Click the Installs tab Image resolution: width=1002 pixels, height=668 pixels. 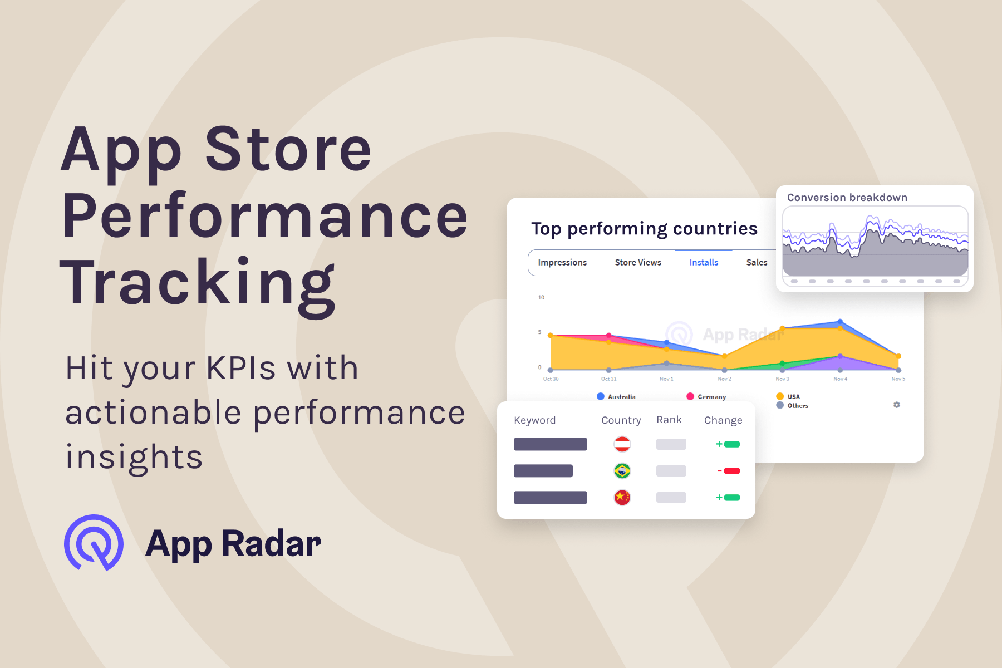(x=704, y=262)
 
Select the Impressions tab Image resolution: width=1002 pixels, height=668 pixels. (x=562, y=262)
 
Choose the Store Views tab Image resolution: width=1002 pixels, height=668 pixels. (x=638, y=262)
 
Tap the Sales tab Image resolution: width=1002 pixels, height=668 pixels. (x=757, y=262)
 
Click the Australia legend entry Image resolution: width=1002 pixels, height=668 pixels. (x=616, y=397)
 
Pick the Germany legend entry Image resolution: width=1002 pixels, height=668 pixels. (x=706, y=397)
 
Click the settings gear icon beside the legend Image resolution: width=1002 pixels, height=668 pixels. (x=896, y=405)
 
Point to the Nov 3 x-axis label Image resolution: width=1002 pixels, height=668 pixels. (x=782, y=379)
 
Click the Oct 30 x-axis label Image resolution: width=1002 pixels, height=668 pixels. (x=551, y=379)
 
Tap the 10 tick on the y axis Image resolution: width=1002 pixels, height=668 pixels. (x=541, y=298)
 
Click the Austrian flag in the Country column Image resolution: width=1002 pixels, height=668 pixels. (x=622, y=444)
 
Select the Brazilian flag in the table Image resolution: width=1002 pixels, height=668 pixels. (x=622, y=471)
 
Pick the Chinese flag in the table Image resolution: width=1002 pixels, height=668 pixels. (x=622, y=497)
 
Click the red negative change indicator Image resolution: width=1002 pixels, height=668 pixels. (x=729, y=471)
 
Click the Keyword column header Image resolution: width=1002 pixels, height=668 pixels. (x=534, y=420)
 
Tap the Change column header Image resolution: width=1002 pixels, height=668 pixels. (x=723, y=420)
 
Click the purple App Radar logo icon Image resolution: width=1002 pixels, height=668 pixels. (x=94, y=543)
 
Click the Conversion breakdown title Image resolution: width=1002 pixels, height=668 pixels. (x=847, y=198)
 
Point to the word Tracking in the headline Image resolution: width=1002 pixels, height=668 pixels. (x=198, y=283)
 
